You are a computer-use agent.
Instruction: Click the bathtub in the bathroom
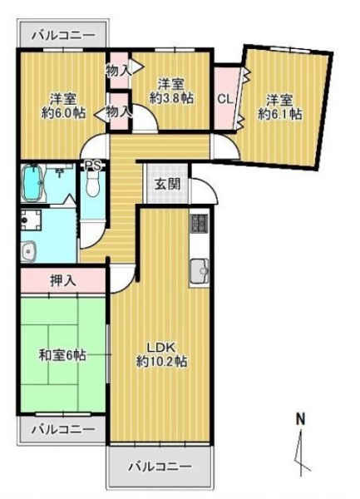32,183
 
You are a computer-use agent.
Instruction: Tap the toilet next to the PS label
93,185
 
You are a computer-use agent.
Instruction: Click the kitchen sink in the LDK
200,270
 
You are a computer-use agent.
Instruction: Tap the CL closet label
225,99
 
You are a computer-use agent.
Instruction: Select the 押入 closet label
63,281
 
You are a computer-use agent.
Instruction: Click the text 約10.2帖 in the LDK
161,362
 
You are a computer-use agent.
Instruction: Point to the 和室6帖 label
62,355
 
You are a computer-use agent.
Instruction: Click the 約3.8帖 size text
172,99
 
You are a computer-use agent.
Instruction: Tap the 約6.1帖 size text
279,114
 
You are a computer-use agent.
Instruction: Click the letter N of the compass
300,419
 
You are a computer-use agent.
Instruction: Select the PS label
93,166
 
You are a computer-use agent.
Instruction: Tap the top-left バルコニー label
64,35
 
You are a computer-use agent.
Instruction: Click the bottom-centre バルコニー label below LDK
160,467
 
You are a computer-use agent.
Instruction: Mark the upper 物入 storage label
119,72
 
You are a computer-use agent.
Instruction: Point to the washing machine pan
31,220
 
